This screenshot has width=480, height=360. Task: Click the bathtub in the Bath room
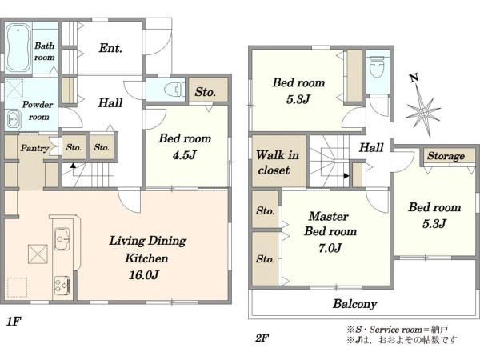(x=18, y=48)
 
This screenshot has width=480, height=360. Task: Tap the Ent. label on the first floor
(x=110, y=48)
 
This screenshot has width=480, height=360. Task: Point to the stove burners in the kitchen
(x=62, y=285)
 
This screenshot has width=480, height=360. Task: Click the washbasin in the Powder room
(x=13, y=118)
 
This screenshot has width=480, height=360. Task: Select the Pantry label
(x=34, y=149)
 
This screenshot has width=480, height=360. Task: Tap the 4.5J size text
(x=184, y=155)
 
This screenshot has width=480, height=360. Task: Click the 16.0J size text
(x=144, y=275)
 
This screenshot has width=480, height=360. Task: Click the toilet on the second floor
(x=378, y=68)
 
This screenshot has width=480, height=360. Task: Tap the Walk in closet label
(x=278, y=162)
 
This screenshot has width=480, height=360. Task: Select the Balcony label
(x=354, y=304)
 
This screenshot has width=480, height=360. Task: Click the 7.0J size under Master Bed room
(x=330, y=248)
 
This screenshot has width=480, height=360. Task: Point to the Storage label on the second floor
(x=446, y=156)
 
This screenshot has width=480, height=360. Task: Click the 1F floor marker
(x=14, y=322)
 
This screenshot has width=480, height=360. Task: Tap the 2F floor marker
(x=262, y=338)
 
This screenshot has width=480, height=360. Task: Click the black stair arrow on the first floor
(x=73, y=166)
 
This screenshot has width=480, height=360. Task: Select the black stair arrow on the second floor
(x=346, y=176)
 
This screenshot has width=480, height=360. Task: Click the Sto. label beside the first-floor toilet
(x=206, y=91)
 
